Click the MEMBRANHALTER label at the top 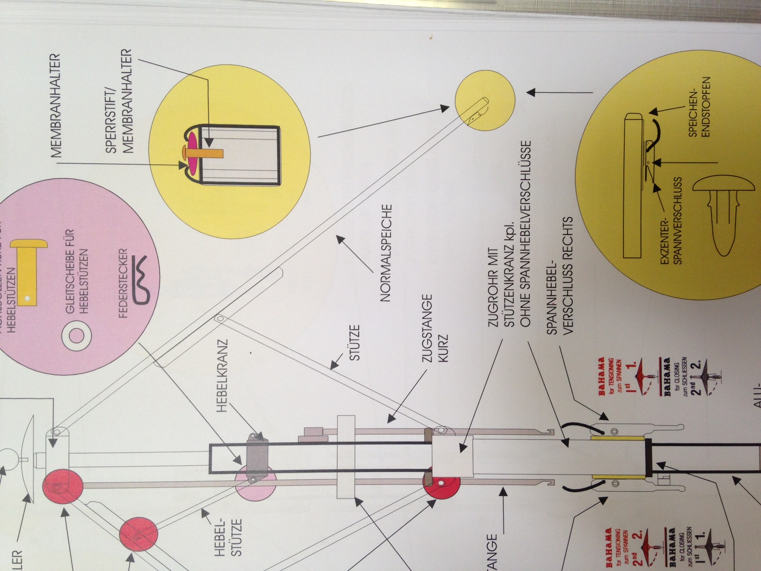[56, 106]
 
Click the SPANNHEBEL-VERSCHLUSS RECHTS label [560, 275]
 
